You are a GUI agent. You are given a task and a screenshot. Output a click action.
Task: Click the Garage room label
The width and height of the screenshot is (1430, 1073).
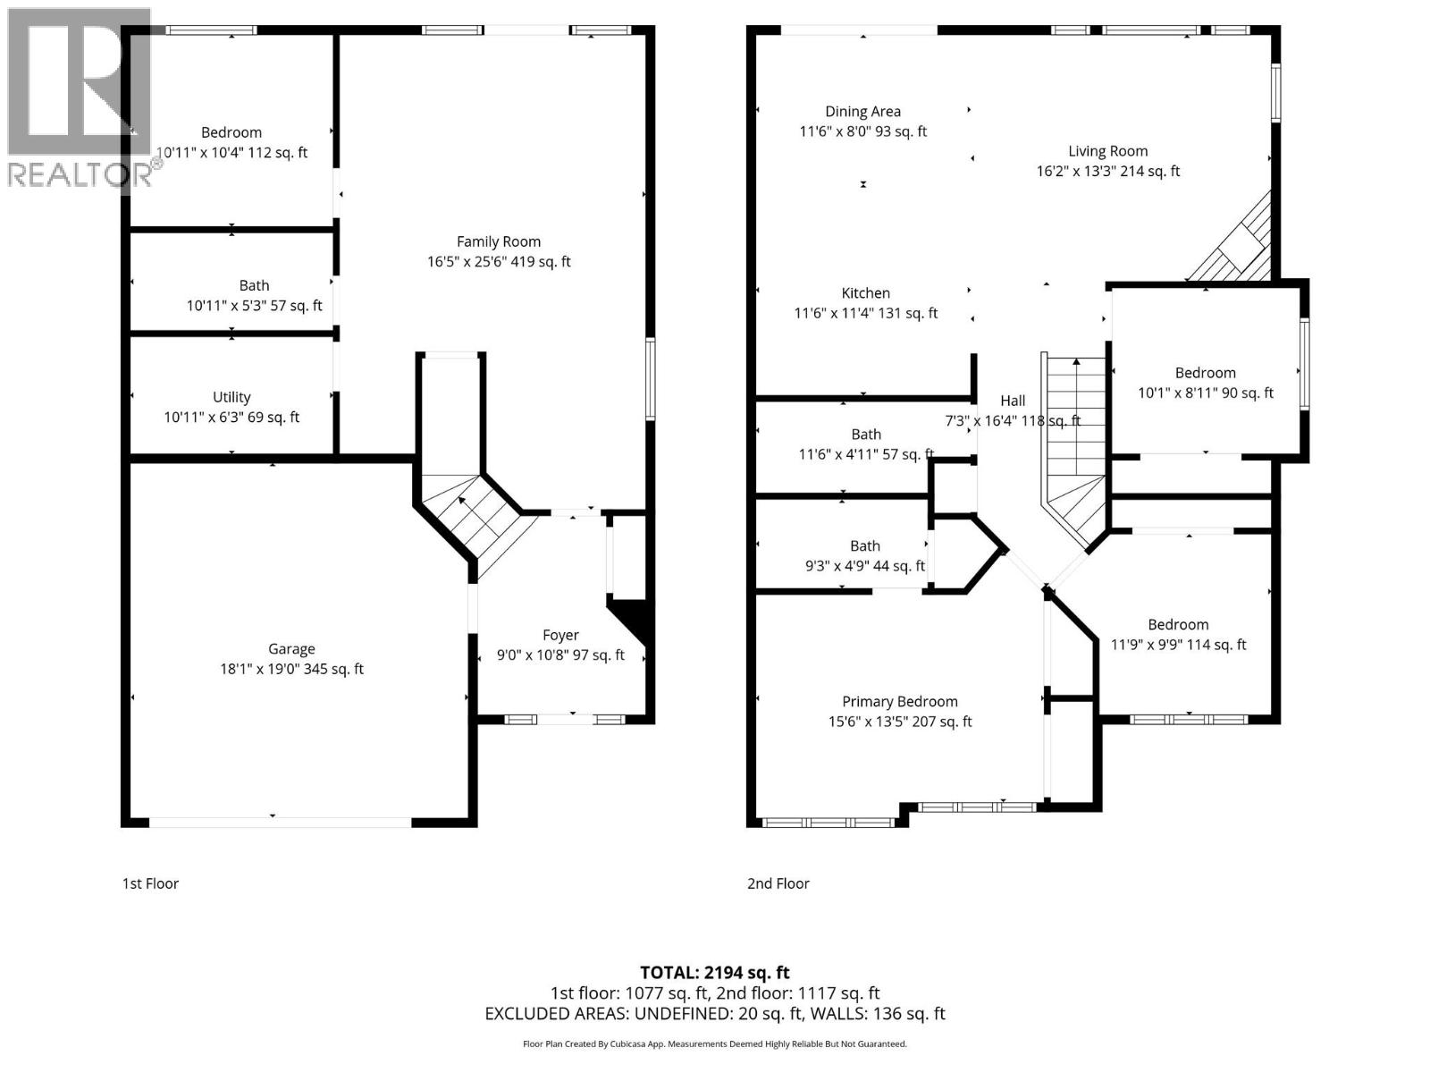pyautogui.click(x=291, y=649)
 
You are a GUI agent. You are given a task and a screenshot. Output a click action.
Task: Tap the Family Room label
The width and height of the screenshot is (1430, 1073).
pyautogui.click(x=498, y=241)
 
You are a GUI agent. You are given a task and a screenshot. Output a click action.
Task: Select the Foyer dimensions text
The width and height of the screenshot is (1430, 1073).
pyautogui.click(x=560, y=655)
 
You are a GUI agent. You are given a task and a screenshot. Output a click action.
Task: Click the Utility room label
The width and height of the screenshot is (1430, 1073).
pyautogui.click(x=231, y=397)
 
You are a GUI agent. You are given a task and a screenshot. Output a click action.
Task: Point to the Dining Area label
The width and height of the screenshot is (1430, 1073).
pyautogui.click(x=862, y=112)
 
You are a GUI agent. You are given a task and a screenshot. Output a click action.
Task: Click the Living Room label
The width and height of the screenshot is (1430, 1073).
pyautogui.click(x=1107, y=151)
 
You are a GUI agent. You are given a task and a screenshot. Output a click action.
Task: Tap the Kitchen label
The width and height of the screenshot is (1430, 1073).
pyautogui.click(x=865, y=293)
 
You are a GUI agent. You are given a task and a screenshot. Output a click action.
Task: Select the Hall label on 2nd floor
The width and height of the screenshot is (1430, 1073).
pyautogui.click(x=1013, y=401)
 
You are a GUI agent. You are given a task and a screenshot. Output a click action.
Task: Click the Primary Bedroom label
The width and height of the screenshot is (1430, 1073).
pyautogui.click(x=899, y=702)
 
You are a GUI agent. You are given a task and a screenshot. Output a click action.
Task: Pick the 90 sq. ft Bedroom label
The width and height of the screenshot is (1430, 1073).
pyautogui.click(x=1205, y=373)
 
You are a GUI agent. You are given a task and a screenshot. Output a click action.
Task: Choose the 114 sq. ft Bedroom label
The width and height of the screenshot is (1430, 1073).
pyautogui.click(x=1178, y=625)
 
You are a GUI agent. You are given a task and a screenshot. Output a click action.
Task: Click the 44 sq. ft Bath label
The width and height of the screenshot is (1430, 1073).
pyautogui.click(x=864, y=546)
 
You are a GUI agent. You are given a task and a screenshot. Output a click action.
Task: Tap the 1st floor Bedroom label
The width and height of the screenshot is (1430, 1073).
pyautogui.click(x=231, y=132)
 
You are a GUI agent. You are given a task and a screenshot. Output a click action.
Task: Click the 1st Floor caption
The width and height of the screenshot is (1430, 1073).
pyautogui.click(x=150, y=883)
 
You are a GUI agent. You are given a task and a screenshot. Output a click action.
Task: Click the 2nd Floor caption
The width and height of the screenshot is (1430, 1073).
pyautogui.click(x=778, y=883)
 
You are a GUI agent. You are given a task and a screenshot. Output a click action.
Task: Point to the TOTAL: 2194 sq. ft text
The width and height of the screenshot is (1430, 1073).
pyautogui.click(x=714, y=972)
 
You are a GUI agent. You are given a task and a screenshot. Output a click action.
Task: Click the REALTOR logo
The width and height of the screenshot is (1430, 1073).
pyautogui.click(x=79, y=98)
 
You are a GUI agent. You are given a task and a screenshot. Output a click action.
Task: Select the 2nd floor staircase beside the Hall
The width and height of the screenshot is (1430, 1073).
pyautogui.click(x=1074, y=447)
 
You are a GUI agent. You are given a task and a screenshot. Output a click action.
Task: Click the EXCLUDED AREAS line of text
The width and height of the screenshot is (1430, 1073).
pyautogui.click(x=714, y=1013)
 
